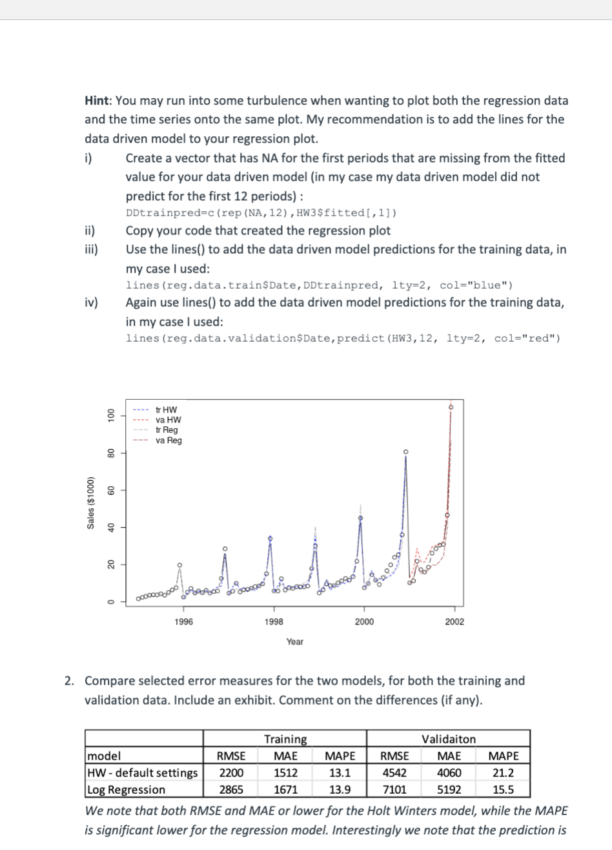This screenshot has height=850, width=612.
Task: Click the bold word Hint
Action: [98, 101]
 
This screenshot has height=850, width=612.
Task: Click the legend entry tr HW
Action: [166, 410]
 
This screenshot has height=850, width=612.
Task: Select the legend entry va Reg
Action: [168, 441]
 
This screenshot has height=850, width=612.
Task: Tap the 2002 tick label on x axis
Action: [454, 621]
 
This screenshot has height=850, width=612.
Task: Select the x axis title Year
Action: [294, 641]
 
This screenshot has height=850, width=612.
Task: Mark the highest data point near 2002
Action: [451, 407]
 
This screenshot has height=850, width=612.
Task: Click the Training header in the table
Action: [285, 739]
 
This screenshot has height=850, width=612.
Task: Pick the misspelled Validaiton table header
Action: [448, 739]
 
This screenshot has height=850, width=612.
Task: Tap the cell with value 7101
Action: [393, 789]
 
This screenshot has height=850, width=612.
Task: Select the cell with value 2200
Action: [231, 772]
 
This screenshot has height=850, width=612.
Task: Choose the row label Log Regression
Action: [126, 789]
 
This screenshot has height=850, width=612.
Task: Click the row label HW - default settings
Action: [142, 772]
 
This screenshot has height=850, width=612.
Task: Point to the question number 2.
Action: [69, 681]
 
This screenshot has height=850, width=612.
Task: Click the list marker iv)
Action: [91, 303]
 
